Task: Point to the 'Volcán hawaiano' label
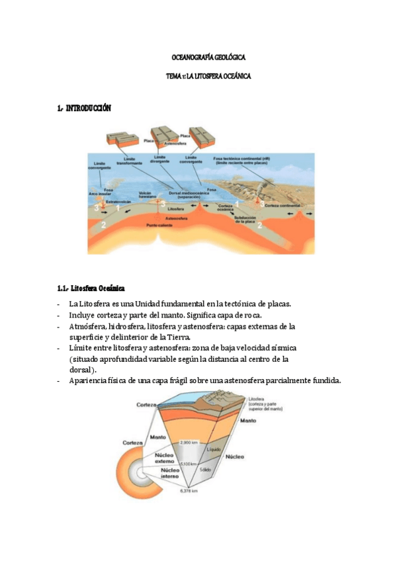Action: click(147, 194)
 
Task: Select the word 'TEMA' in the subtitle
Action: click(173, 77)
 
